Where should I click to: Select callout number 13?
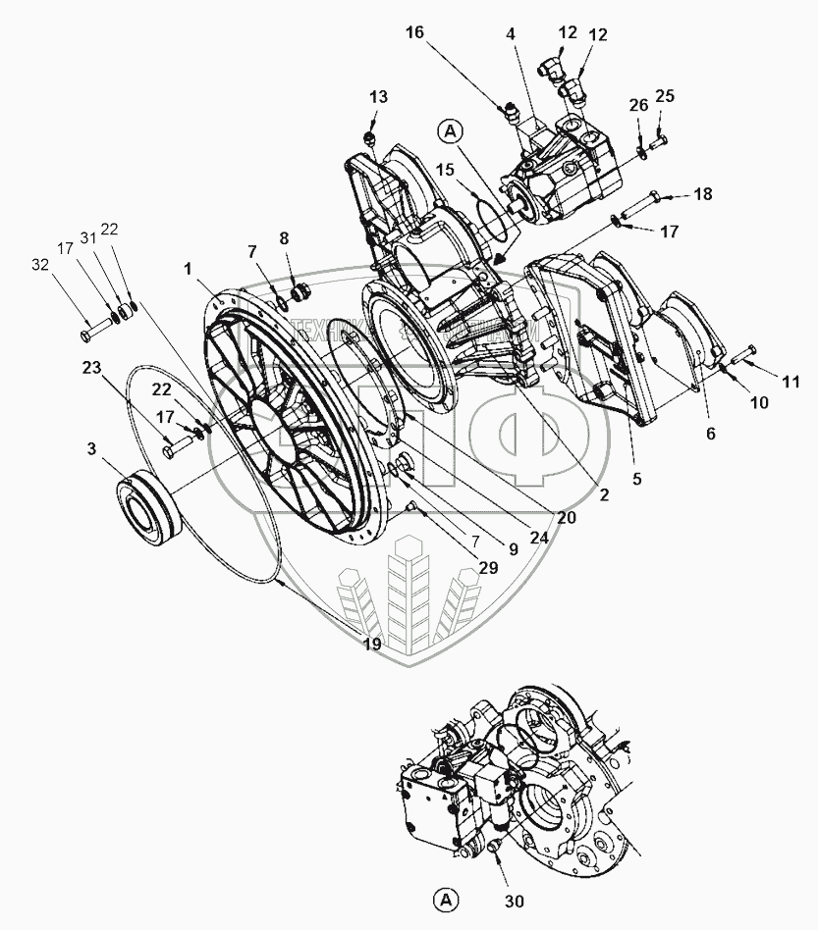pos(378,96)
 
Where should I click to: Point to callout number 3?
pos(90,449)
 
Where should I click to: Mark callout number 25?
pos(665,95)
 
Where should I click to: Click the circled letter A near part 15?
pos(450,129)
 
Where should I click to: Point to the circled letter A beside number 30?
pos(444,898)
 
